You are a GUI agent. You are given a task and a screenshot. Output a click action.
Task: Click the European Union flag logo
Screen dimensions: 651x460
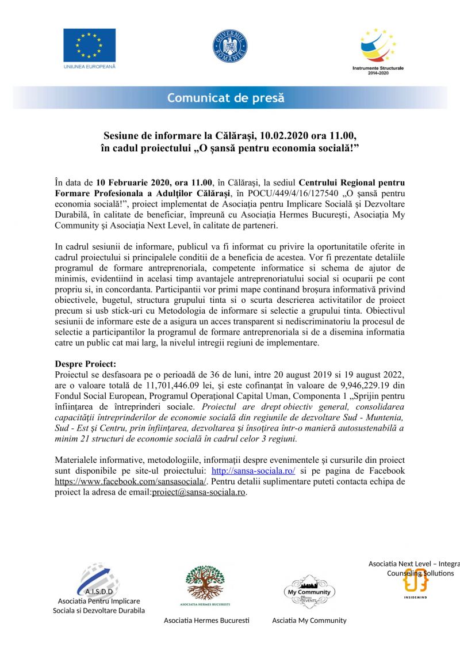[x=89, y=44]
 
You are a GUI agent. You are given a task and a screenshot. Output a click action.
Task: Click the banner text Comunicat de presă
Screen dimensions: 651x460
[x=226, y=97]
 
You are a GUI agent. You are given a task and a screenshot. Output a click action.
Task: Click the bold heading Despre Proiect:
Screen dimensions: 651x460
[x=86, y=364]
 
